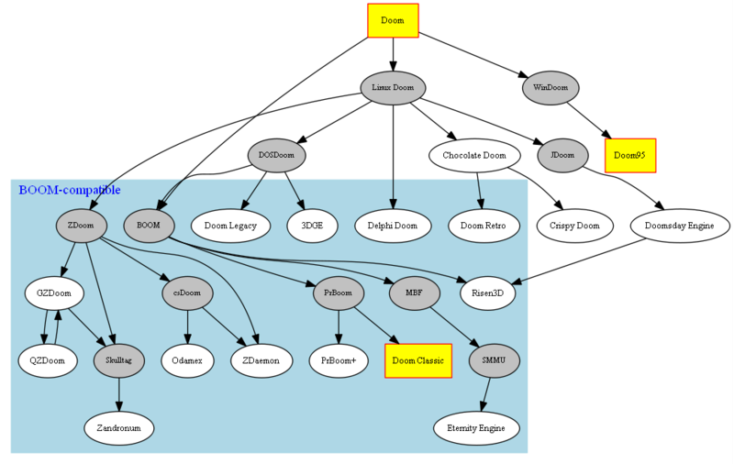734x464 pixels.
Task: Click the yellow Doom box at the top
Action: (x=393, y=20)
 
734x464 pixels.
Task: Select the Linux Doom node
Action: (x=393, y=88)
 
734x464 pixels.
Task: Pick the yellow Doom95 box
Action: (x=629, y=156)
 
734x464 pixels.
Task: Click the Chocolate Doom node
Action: (x=481, y=156)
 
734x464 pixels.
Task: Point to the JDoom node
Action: (x=562, y=156)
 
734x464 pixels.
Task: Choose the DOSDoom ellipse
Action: (x=276, y=156)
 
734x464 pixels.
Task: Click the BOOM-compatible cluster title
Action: (x=69, y=190)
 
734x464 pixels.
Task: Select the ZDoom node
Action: (x=81, y=225)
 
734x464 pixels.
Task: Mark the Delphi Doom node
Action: (x=393, y=225)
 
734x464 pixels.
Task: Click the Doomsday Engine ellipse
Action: (x=680, y=225)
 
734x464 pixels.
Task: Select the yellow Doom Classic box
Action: (x=418, y=361)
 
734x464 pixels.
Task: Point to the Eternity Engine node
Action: (x=476, y=428)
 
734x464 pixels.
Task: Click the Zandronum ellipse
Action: (x=119, y=428)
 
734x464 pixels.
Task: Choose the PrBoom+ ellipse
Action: (x=339, y=361)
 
